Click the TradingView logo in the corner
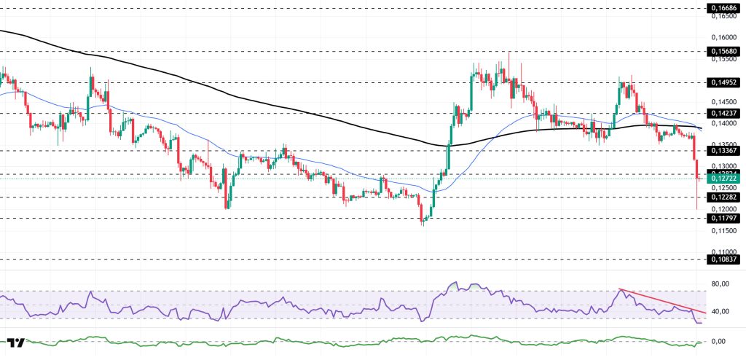(17, 343)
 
